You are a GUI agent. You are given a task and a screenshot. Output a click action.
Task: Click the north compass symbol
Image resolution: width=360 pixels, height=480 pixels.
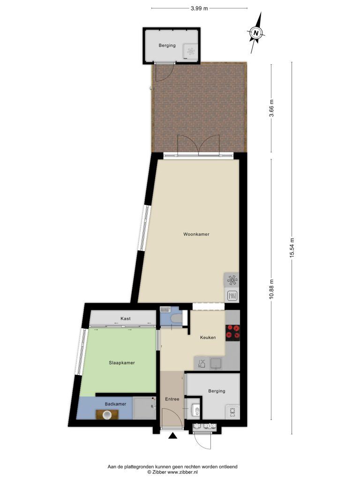pos(256,32)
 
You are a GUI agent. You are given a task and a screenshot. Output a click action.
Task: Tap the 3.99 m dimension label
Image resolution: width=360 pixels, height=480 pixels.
pos(199,8)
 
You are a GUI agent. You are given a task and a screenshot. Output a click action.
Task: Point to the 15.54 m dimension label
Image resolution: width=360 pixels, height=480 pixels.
pos(292,248)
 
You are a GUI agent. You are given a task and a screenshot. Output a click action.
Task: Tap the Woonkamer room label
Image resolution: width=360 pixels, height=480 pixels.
pos(196,234)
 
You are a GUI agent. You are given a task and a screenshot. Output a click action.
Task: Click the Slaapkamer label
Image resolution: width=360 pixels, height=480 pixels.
pos(122,363)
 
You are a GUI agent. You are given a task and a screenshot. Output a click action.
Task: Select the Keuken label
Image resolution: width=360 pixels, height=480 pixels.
pos(208,337)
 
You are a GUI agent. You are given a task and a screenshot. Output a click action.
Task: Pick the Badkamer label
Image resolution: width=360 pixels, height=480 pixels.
pos(115,404)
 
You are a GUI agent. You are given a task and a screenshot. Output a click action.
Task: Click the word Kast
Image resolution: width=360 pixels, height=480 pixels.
pos(126,318)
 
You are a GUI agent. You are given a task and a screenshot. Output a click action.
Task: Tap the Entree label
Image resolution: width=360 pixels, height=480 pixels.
pos(172,399)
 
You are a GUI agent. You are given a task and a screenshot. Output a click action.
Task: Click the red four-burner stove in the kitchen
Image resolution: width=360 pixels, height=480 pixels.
pos(232,333)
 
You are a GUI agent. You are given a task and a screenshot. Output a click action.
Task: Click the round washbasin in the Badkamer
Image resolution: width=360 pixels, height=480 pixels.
pos(107,415)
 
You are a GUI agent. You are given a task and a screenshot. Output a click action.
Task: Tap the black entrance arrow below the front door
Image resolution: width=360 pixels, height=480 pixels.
pos(173,436)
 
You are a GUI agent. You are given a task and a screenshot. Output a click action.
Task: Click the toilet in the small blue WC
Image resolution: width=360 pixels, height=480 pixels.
pos(176,319)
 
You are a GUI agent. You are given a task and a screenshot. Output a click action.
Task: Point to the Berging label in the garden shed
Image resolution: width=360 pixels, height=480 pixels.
pos(167,45)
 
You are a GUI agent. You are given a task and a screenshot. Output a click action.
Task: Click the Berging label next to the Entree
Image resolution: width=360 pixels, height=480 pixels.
pos(217,391)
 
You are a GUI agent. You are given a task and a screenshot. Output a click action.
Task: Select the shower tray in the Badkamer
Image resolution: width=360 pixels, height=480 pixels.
pos(144,408)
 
